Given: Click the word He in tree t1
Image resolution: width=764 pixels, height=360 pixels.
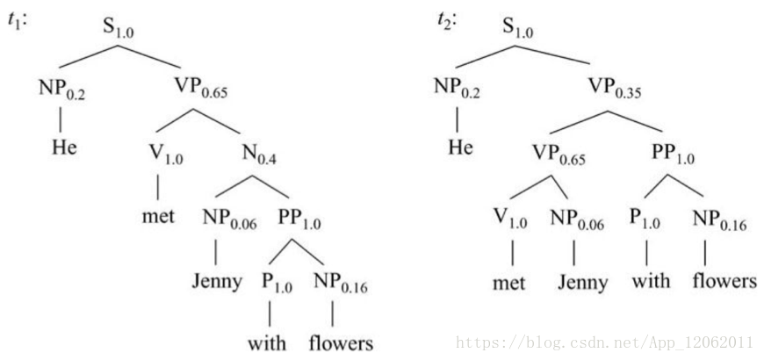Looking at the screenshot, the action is click(62, 146).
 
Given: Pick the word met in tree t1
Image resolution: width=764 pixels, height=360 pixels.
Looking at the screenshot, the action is click(158, 215).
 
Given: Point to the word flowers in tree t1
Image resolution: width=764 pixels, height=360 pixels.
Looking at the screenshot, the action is click(341, 342).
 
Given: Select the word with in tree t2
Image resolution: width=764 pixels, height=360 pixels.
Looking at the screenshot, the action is click(650, 283).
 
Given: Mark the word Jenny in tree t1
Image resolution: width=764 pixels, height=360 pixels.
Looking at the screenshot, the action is click(216, 283).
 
